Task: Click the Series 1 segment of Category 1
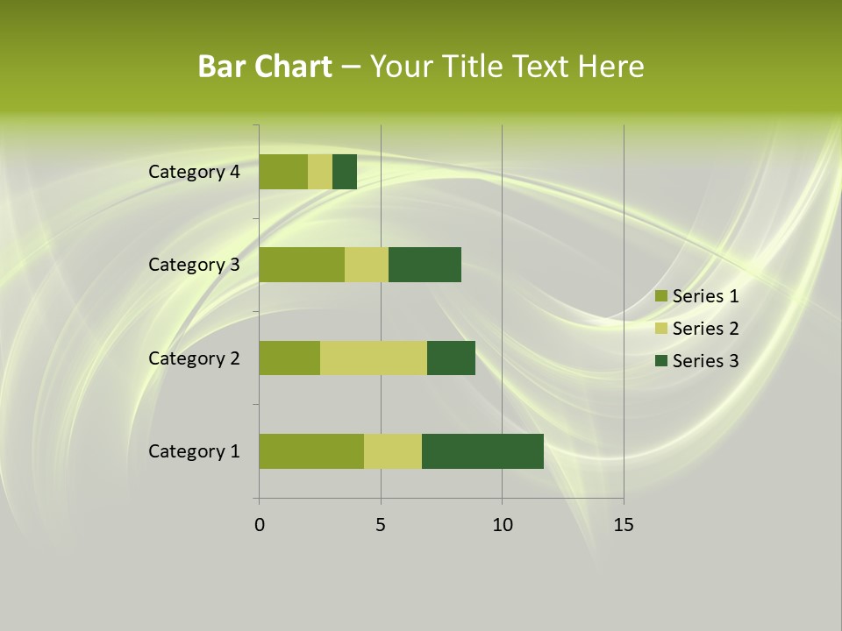311,450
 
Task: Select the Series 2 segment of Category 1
393,450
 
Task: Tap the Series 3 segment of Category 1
482,450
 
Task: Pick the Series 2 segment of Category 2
374,358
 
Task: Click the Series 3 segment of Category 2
451,358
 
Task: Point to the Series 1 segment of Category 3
302,264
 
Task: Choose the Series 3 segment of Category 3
425,264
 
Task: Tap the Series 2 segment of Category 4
320,171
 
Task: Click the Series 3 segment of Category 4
345,171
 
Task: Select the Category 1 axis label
193,451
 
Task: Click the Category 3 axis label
193,265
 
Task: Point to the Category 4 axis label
193,172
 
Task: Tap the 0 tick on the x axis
260,525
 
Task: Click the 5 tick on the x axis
381,525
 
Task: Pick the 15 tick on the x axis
624,525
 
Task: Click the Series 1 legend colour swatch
660,296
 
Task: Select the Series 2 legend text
705,329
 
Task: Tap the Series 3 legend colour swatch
660,361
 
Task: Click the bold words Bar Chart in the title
265,67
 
